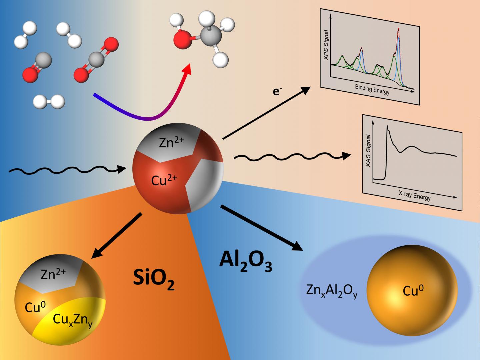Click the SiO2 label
(154, 278)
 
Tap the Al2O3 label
(246, 260)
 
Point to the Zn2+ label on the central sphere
(171, 143)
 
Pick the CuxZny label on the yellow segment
(73, 321)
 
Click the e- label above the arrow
(276, 91)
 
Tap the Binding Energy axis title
(372, 89)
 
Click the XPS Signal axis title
(326, 45)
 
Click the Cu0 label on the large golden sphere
(413, 291)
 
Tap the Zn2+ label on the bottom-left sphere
(53, 274)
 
